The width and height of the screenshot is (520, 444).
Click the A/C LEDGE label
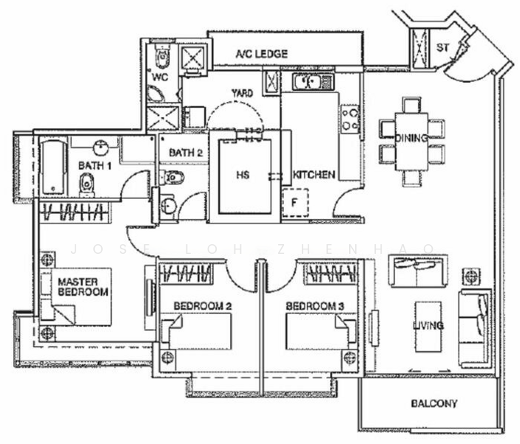tap(261, 54)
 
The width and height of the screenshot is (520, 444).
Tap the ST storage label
tap(443, 48)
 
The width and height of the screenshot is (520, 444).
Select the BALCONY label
tap(433, 404)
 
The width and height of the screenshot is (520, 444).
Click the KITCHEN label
tap(314, 175)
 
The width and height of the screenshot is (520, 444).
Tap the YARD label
tap(242, 93)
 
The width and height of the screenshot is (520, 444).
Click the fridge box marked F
tap(294, 202)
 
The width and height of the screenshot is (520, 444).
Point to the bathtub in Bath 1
tap(52, 167)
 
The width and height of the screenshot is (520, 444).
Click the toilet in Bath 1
tap(88, 183)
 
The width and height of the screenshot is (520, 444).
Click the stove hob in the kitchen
tap(350, 119)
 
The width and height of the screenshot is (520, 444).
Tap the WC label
tap(161, 76)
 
